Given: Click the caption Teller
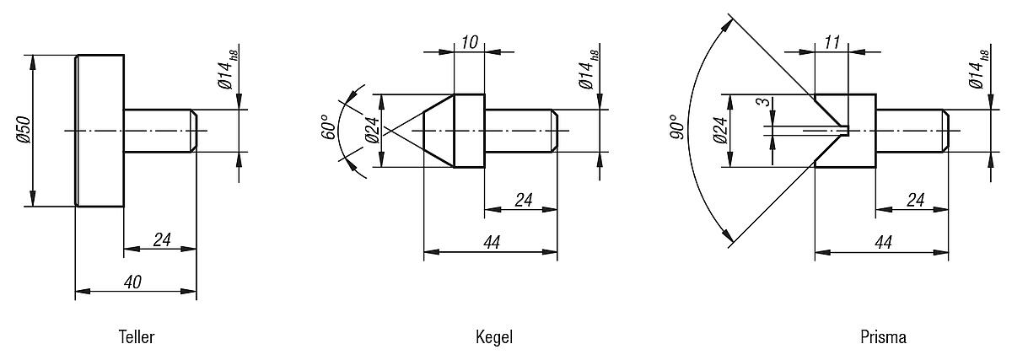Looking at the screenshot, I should point(136,337).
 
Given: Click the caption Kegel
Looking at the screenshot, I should point(493,337).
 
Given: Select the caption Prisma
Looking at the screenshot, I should point(883,337).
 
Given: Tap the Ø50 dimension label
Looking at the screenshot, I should point(24,131).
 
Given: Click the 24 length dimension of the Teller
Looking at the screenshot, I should point(162,240).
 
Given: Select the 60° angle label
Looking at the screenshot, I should point(330,126).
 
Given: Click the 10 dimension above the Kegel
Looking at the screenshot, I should point(469,42).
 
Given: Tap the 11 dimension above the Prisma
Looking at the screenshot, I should point(832,42).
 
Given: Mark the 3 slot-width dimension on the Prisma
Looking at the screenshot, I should point(762,102).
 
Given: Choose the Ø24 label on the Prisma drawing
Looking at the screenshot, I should point(719,130).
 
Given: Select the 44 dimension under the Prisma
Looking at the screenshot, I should point(883,243).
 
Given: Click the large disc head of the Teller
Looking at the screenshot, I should point(100,131).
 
